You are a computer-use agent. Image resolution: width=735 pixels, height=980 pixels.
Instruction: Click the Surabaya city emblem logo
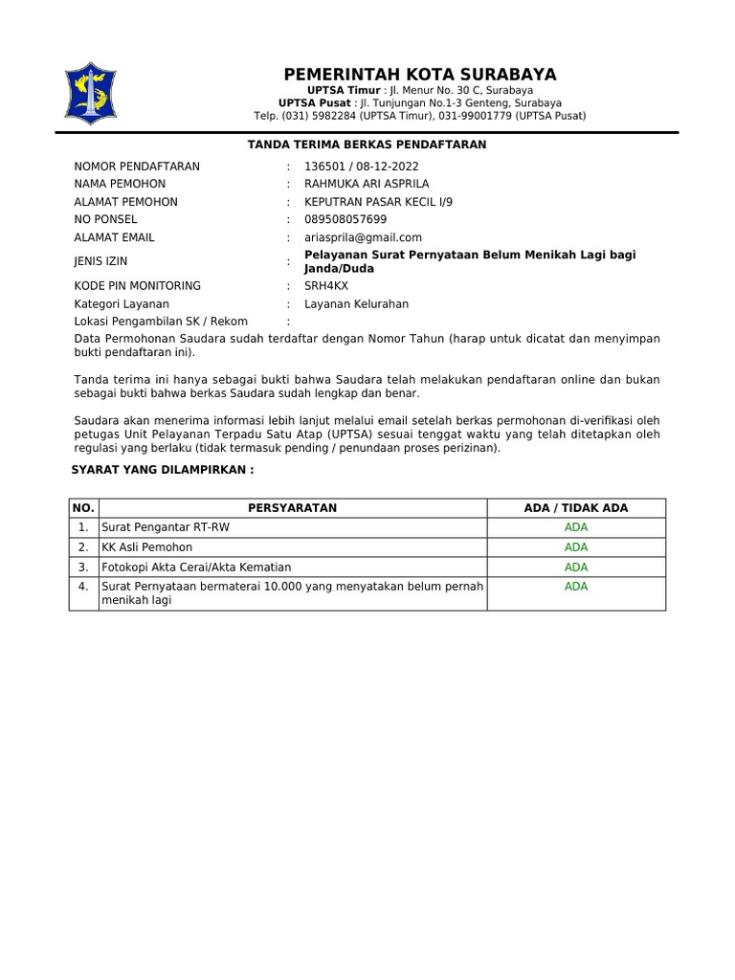tap(90, 94)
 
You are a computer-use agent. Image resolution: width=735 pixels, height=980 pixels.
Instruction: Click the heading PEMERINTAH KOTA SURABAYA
tap(419, 75)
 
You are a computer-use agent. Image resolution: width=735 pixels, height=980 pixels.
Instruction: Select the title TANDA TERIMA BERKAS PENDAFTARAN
tap(367, 145)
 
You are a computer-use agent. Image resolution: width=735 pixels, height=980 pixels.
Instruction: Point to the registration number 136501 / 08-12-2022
tap(348, 167)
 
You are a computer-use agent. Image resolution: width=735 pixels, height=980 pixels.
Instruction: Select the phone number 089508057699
tap(345, 219)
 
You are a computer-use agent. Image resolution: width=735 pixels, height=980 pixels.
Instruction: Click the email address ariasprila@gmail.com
tap(363, 237)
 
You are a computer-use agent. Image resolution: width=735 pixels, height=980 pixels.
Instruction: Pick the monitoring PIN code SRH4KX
tap(326, 285)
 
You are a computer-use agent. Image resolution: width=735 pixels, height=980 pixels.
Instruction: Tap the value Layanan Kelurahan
tap(356, 304)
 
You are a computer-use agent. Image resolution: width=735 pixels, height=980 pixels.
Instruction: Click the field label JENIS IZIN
tap(100, 261)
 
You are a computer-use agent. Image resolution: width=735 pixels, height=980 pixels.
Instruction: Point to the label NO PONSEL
tap(105, 219)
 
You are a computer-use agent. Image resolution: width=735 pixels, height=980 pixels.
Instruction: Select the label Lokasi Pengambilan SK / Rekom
tap(161, 322)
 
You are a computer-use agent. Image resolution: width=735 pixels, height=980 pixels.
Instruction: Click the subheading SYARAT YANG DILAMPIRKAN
tap(163, 471)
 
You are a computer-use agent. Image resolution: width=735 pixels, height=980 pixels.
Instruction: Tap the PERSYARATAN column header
tap(292, 508)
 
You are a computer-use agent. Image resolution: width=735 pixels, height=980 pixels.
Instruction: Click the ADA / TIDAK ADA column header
tap(576, 508)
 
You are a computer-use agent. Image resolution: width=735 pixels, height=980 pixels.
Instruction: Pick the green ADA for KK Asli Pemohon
tap(576, 547)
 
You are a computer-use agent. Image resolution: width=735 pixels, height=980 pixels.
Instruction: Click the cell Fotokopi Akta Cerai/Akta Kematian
tap(196, 567)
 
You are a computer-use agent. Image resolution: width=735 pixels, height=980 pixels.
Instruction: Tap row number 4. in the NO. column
tap(83, 586)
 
